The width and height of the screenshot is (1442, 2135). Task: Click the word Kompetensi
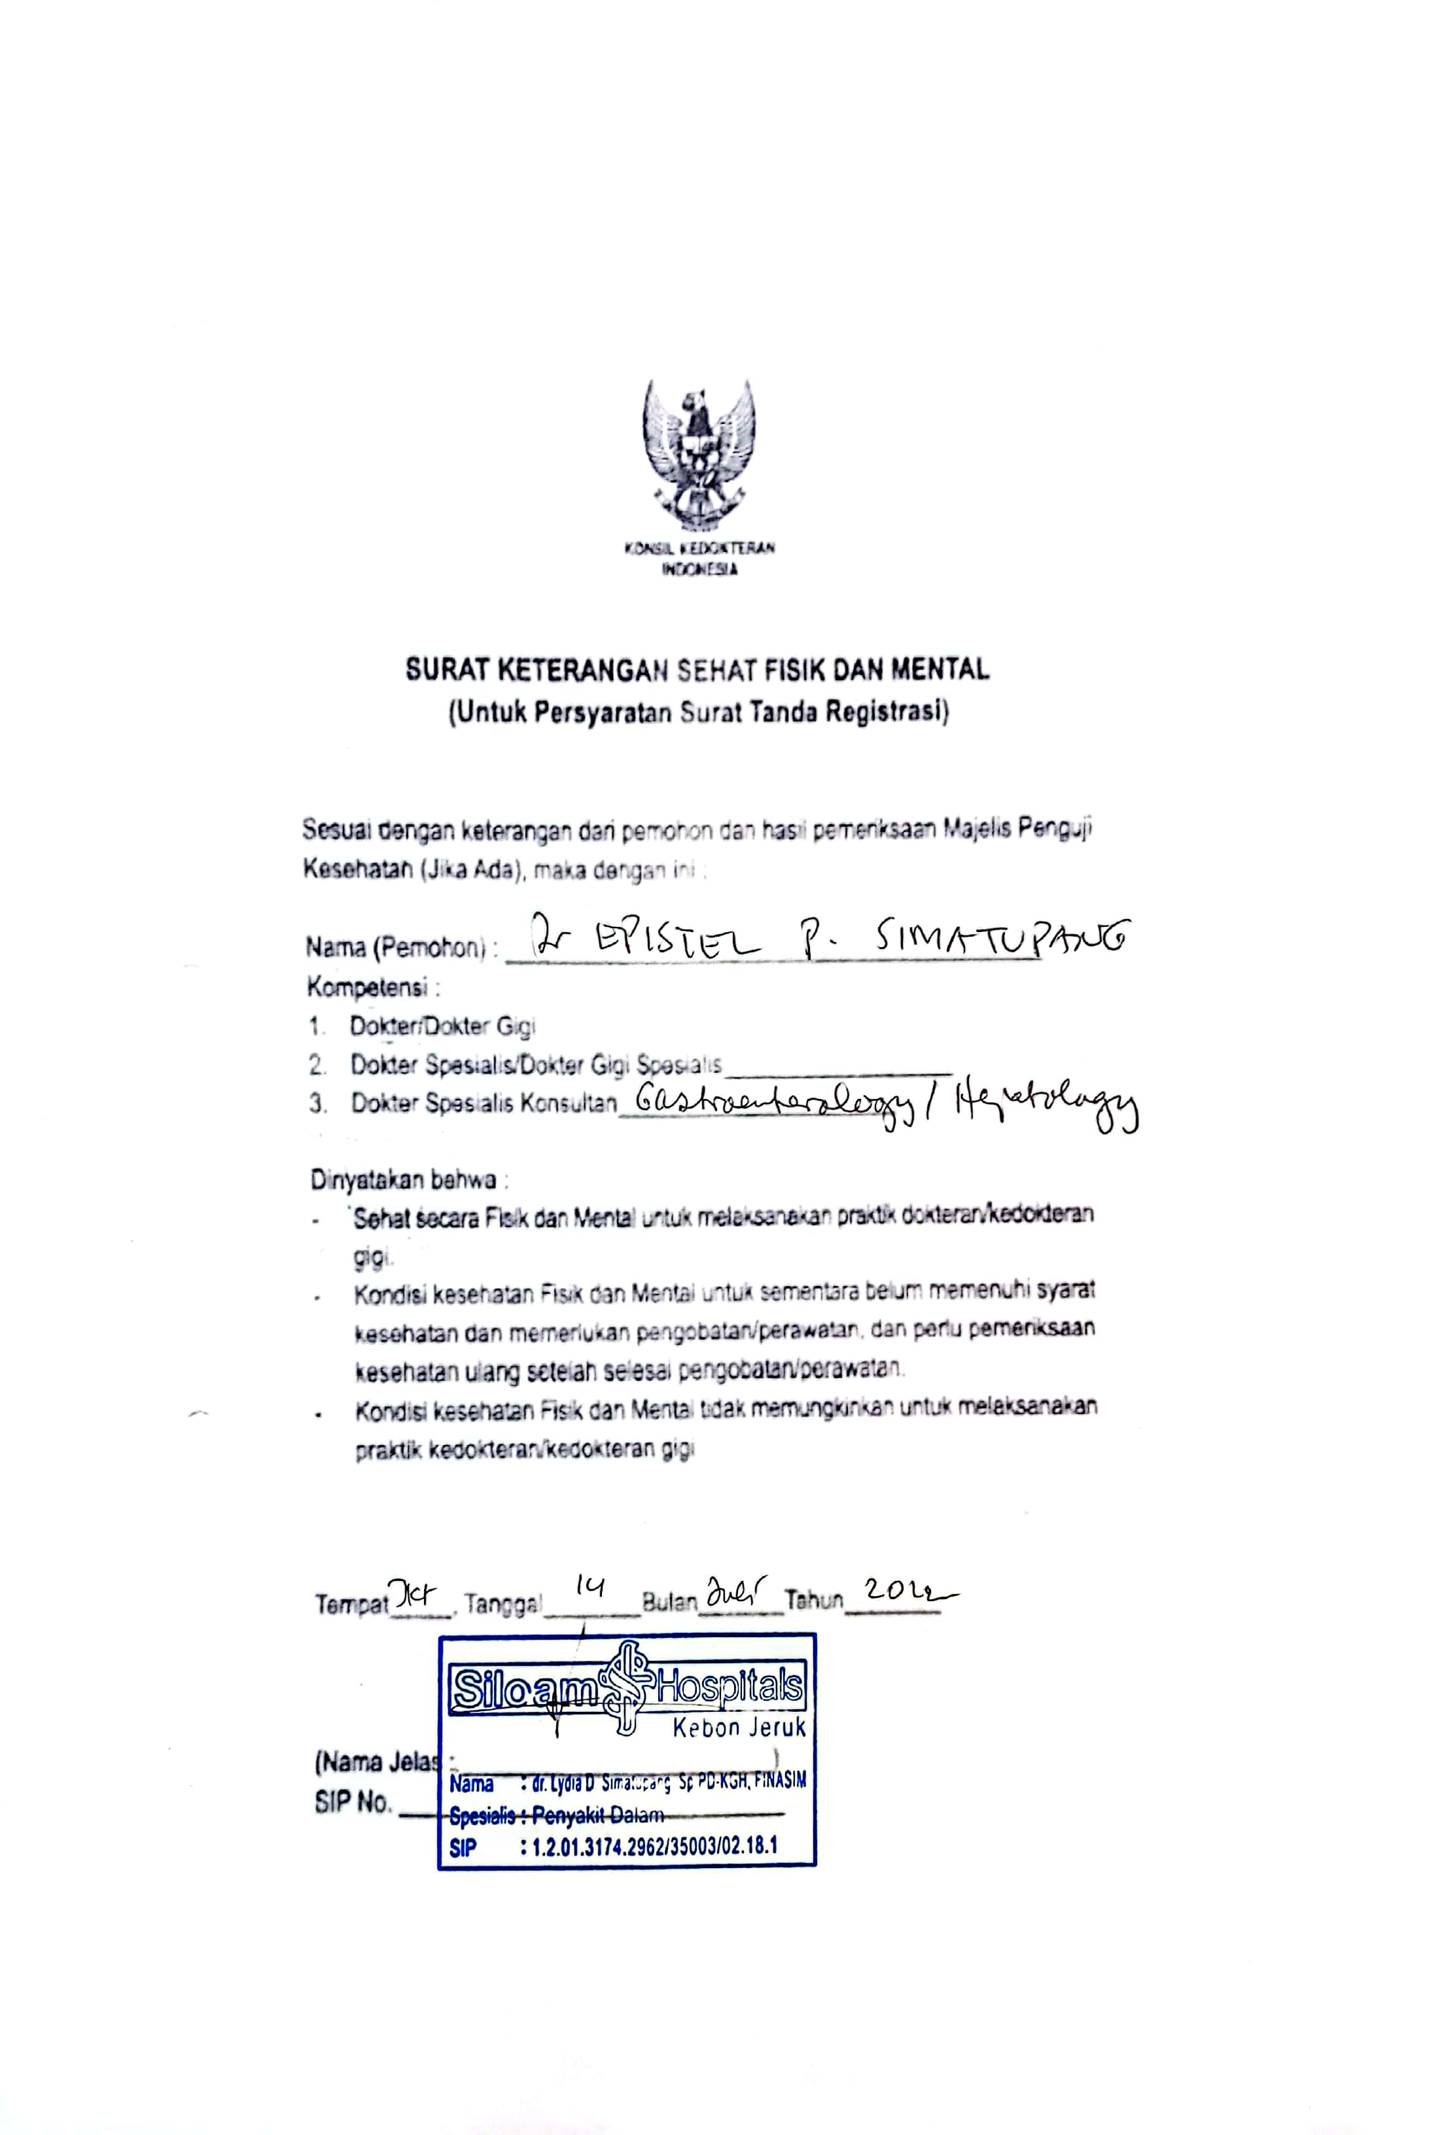(x=368, y=988)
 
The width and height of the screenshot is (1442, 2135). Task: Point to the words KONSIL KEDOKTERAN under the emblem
(x=699, y=548)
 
